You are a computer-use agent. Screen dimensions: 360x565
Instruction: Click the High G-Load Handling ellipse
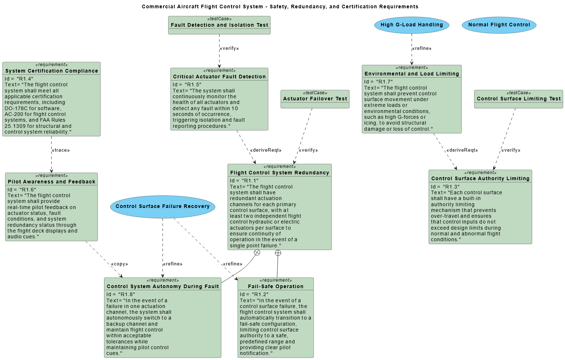[412, 25]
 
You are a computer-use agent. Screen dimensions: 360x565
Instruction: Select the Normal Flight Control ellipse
[499, 25]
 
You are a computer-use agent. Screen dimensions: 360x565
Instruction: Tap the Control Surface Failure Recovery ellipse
[162, 207]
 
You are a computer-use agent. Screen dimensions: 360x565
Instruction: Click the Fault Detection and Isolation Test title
[219, 25]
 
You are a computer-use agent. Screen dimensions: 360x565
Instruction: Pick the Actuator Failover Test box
[315, 99]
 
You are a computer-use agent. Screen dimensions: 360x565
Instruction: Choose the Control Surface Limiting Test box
[518, 99]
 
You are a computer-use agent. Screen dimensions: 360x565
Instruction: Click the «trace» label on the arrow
[61, 150]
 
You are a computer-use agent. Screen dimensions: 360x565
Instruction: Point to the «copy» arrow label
[119, 264]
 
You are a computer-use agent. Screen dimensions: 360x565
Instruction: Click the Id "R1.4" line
[19, 79]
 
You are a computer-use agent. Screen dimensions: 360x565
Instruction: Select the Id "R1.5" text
[187, 84]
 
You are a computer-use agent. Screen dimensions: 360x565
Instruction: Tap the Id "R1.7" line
[378, 82]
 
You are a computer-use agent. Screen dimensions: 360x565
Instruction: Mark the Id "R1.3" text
[445, 187]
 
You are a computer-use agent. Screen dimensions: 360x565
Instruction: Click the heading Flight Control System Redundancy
[279, 173]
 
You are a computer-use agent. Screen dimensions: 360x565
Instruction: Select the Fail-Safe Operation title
[275, 286]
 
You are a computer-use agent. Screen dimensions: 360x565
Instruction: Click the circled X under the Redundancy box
[257, 252]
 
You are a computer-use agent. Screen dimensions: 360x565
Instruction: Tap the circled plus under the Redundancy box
[278, 253]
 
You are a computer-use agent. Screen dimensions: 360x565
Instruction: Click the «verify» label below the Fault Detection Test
[229, 48]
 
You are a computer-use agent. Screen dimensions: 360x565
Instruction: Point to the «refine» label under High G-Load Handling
[422, 48]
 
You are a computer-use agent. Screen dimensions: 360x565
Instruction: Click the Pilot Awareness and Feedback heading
[52, 182]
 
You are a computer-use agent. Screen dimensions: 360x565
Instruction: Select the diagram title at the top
[280, 6]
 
